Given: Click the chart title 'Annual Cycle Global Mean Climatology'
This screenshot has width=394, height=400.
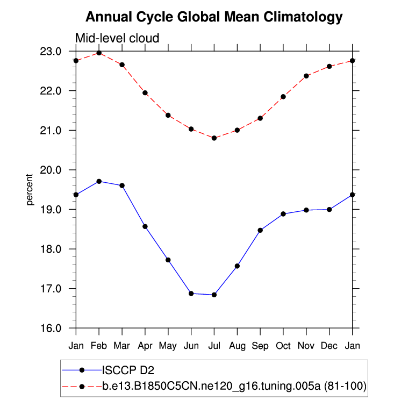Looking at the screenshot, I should coord(214,17).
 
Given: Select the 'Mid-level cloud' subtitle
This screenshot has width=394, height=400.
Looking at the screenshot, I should coord(117,38).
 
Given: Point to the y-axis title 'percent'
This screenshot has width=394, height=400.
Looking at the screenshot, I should coord(30,189).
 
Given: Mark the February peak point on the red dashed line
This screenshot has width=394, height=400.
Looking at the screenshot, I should coord(99,53).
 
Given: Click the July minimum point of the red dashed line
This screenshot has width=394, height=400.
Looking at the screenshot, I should coord(214,138).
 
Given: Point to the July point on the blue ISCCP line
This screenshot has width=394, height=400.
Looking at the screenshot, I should coord(214,295).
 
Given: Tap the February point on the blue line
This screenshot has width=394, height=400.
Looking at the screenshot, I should coord(99,181).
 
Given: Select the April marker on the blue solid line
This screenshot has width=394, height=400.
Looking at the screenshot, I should coord(145,226).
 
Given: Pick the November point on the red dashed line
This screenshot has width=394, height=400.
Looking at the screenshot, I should coord(306,76).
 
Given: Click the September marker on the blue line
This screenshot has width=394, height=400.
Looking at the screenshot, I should coord(260,230).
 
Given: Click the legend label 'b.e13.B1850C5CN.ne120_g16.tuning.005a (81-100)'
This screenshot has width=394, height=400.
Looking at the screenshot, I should coord(234,385).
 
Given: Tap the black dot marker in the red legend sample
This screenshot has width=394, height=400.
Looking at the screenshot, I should coord(82,385).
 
